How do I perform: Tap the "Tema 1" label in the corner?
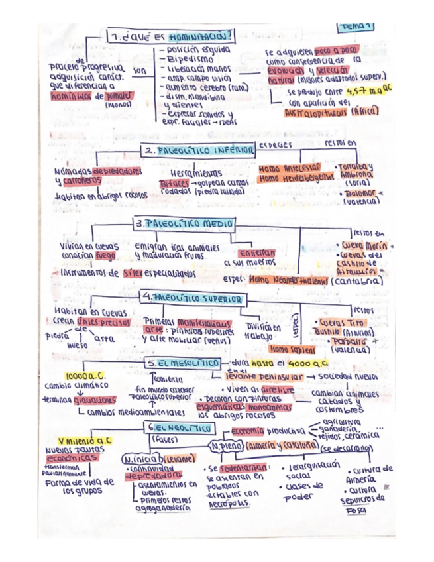click(x=356, y=27)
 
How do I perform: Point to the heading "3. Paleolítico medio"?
click(x=184, y=224)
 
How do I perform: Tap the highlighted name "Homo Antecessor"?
click(x=290, y=168)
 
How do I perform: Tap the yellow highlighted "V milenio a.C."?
click(x=85, y=440)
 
